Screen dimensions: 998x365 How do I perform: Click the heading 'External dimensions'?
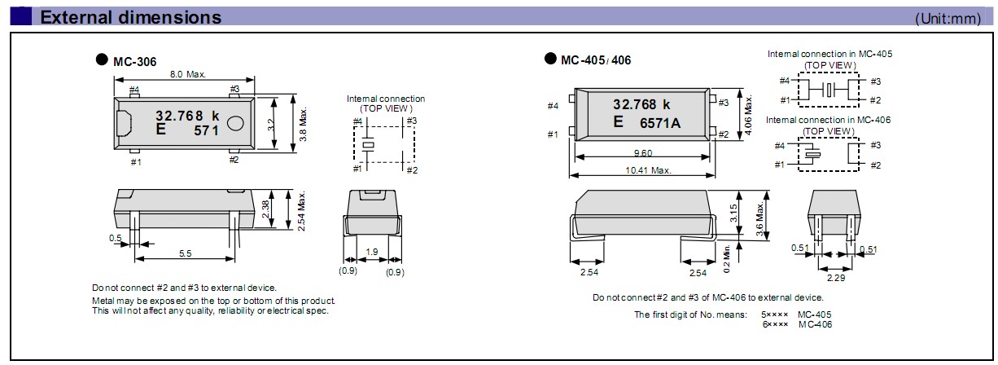(x=130, y=17)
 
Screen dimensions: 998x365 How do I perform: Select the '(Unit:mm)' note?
(x=948, y=19)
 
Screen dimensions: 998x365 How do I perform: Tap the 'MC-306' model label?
(x=134, y=61)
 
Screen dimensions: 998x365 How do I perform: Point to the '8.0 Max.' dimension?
(x=187, y=74)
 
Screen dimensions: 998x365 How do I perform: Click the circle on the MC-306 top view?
(x=235, y=124)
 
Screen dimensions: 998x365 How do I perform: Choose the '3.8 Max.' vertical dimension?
(x=303, y=125)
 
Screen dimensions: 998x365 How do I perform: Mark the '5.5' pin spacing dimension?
(x=186, y=253)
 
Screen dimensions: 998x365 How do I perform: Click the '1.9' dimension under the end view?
(x=371, y=252)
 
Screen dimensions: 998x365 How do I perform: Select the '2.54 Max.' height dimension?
(x=302, y=211)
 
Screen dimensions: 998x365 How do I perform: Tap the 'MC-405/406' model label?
(x=596, y=60)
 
